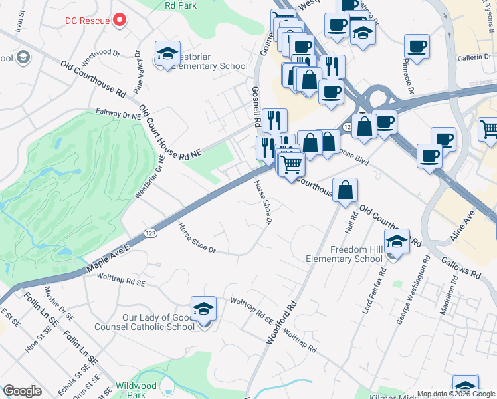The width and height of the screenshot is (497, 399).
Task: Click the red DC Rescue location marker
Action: [120, 20]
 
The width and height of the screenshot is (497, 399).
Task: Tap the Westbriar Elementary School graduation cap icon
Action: [167, 53]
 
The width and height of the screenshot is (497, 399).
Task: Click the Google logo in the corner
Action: [22, 391]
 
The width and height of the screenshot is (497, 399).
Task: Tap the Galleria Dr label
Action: [476, 58]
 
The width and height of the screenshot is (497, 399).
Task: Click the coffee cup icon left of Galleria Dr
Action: [417, 47]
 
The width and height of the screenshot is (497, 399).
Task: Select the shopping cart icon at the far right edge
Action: [488, 130]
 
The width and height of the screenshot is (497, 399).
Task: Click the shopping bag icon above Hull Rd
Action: [345, 190]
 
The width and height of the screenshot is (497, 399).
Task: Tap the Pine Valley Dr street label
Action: [138, 71]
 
